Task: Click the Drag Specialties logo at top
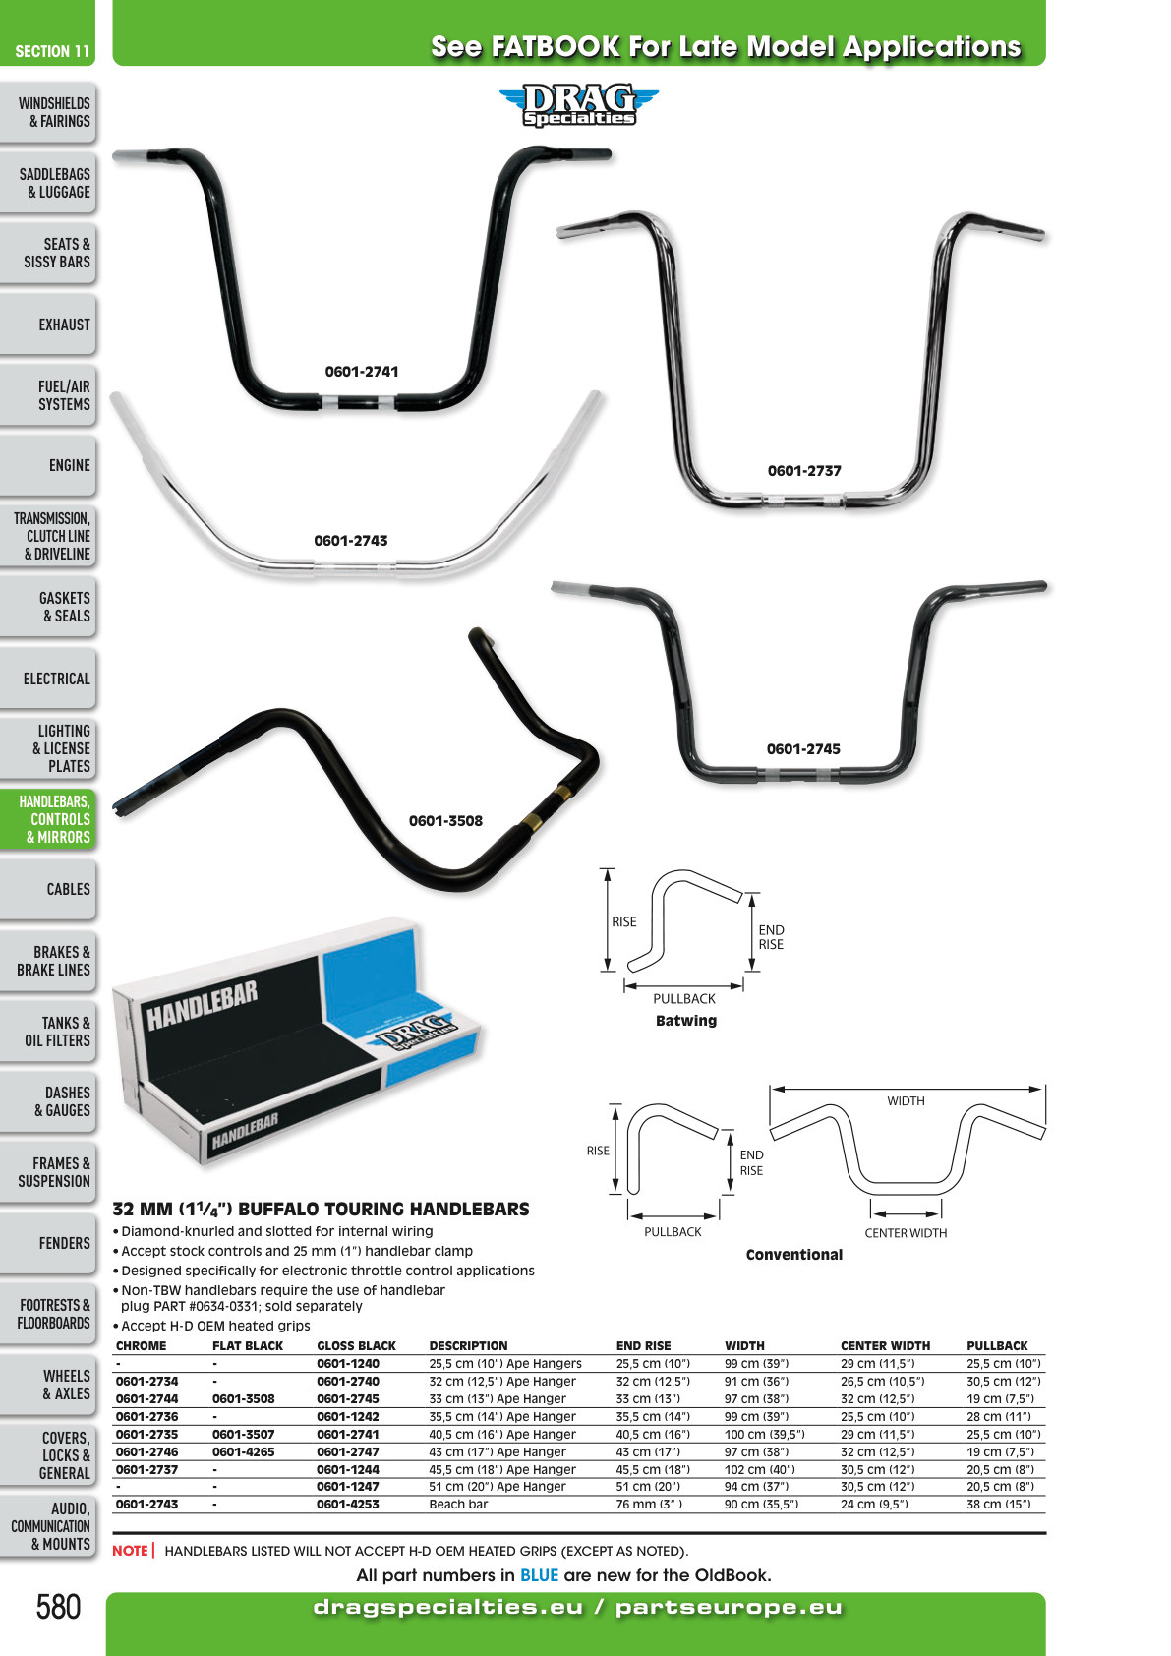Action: click(579, 104)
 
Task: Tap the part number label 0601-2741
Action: click(362, 371)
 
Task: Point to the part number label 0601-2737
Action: click(804, 471)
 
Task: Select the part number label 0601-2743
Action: click(350, 541)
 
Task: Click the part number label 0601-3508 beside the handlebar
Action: click(445, 820)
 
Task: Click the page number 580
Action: click(58, 1607)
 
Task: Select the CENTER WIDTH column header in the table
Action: click(885, 1345)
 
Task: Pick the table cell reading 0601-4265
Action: click(243, 1452)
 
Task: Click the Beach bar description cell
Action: click(458, 1504)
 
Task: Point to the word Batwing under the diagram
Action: click(686, 1020)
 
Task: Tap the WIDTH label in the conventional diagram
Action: click(906, 1100)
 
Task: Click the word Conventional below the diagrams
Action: click(794, 1255)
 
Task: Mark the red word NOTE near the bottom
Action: click(130, 1550)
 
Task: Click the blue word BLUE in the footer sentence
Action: click(539, 1575)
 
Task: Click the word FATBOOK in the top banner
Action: click(556, 46)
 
